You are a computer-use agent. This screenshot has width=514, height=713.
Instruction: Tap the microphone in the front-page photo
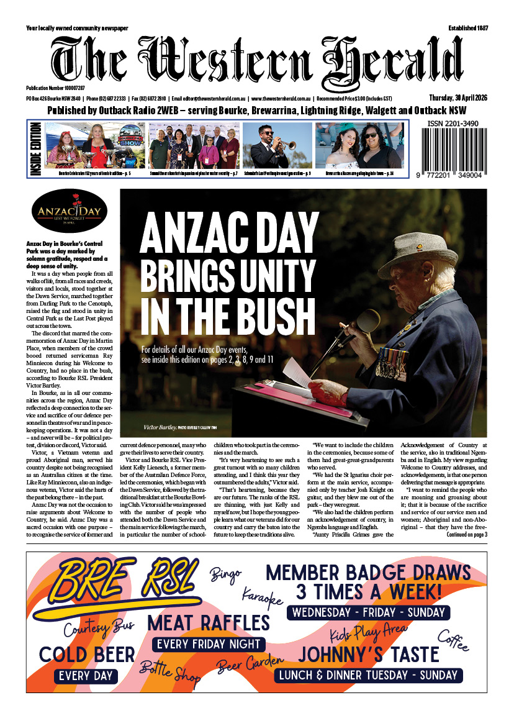click(x=366, y=322)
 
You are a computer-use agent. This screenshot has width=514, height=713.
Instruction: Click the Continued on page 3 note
click(x=462, y=534)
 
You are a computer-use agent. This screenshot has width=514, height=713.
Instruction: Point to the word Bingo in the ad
click(x=225, y=574)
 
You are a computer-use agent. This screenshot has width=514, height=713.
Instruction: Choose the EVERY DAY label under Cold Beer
click(x=88, y=676)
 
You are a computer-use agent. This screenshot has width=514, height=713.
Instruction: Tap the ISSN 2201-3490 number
click(x=453, y=124)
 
